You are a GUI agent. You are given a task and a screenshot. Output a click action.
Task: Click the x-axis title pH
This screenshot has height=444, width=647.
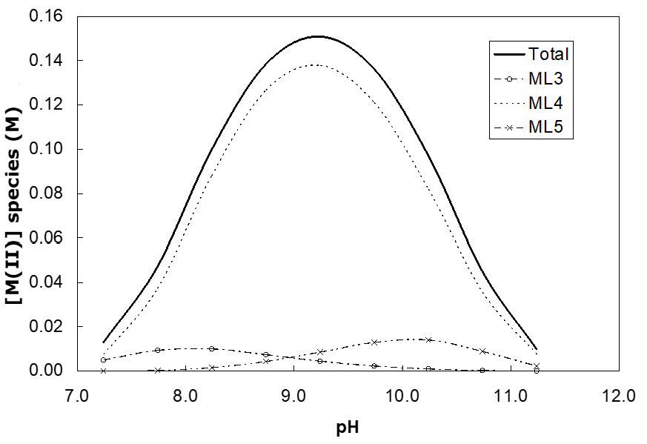(x=348, y=428)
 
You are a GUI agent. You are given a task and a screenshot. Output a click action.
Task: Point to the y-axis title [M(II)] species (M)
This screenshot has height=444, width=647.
(x=16, y=193)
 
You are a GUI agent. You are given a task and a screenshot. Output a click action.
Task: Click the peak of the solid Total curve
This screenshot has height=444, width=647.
(x=317, y=36)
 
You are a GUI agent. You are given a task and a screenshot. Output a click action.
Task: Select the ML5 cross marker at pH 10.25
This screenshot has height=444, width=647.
(x=429, y=339)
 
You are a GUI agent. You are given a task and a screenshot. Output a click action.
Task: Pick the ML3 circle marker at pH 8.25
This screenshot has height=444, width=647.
(x=212, y=348)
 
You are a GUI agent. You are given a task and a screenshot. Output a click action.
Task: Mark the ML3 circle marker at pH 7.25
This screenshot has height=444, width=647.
(x=104, y=359)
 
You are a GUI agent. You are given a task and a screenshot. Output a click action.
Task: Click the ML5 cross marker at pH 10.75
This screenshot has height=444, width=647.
(x=483, y=351)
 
